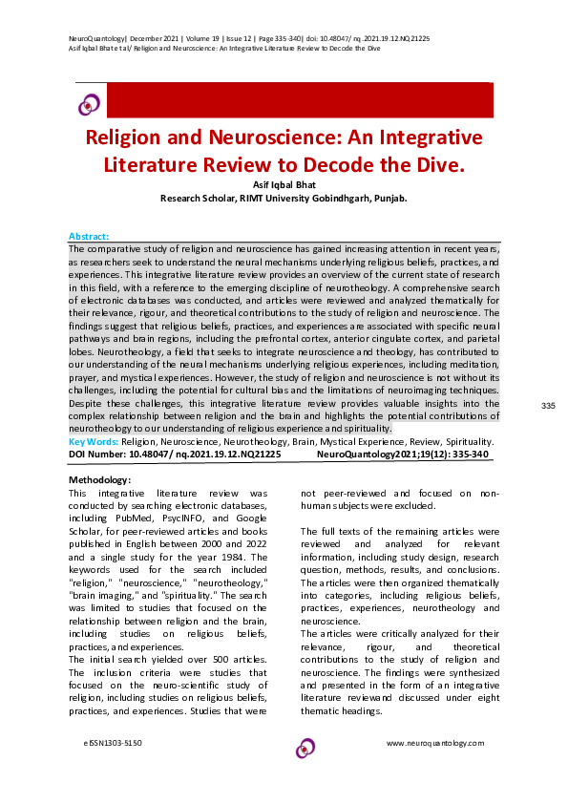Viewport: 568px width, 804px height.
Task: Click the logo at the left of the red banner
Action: pos(90,103)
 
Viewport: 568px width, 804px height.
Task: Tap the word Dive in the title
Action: pos(429,163)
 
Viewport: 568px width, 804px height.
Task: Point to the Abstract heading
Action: pos(89,236)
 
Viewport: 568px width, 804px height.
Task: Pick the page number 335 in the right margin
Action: pos(548,407)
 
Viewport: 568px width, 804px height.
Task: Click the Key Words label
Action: pos(94,442)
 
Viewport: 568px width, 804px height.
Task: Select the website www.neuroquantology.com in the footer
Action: pos(434,743)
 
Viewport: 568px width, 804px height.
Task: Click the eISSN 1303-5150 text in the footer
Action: pos(114,743)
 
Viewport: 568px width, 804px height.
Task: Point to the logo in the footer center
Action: pos(305,747)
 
